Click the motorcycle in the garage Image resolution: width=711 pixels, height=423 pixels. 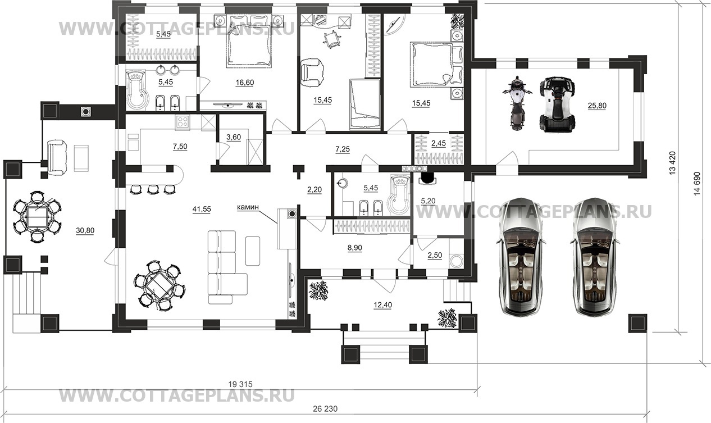pos(517,103)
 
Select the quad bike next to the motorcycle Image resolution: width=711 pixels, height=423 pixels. pos(557,104)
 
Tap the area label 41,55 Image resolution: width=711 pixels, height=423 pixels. pos(202,209)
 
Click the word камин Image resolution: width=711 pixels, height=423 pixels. pos(248,207)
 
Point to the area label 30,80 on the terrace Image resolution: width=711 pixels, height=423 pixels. pos(85,230)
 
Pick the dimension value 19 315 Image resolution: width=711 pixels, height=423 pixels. pos(240,384)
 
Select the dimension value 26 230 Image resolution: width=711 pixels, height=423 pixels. pos(325,409)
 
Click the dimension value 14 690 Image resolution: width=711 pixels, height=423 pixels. pos(697,184)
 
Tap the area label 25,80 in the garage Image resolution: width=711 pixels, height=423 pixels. pos(597,106)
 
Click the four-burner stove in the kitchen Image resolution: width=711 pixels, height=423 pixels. pos(183,122)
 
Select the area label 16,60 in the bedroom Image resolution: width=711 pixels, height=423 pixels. pos(245,83)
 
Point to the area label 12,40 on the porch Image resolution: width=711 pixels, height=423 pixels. pos(382,305)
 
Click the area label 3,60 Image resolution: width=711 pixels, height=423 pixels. pos(234,137)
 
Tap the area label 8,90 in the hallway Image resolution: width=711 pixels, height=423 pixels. pos(354,248)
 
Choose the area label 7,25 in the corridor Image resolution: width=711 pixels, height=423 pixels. pos(343,149)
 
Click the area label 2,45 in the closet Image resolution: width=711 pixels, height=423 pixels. pos(439,143)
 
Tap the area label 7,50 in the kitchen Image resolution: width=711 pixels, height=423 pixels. pos(180,147)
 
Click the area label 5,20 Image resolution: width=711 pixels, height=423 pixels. pos(428,201)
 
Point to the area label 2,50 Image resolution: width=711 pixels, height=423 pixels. pos(435,256)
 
